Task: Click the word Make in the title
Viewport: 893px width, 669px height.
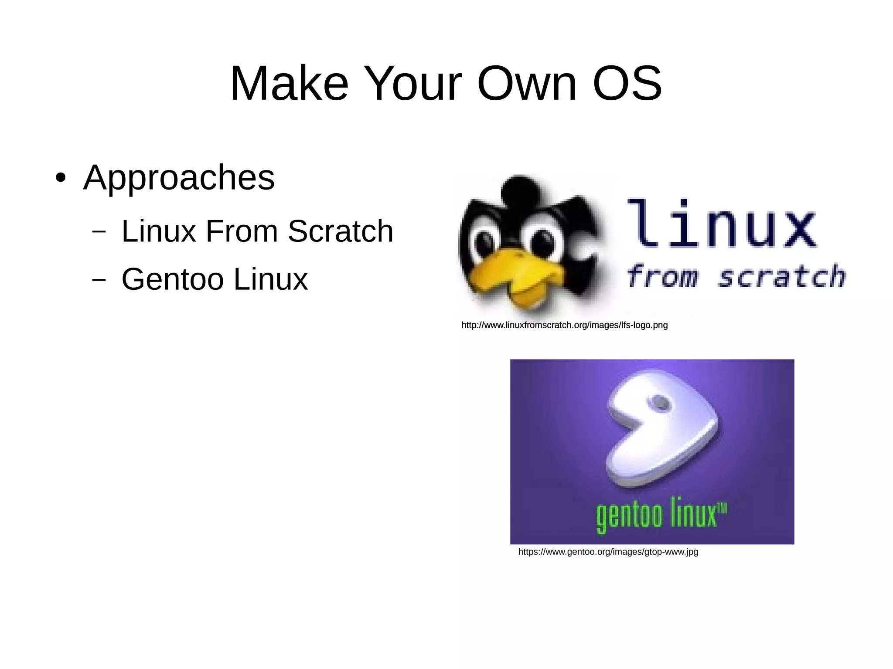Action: (289, 83)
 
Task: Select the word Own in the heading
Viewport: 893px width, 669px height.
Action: (526, 83)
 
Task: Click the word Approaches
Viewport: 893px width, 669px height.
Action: (179, 178)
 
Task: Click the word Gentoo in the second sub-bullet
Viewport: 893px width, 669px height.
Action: (172, 279)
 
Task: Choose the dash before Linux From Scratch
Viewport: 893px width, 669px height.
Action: (99, 231)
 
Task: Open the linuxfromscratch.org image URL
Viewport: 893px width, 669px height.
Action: (564, 325)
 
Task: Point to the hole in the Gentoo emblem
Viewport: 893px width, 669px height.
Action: (661, 402)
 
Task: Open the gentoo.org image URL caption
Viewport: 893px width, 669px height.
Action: (608, 552)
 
